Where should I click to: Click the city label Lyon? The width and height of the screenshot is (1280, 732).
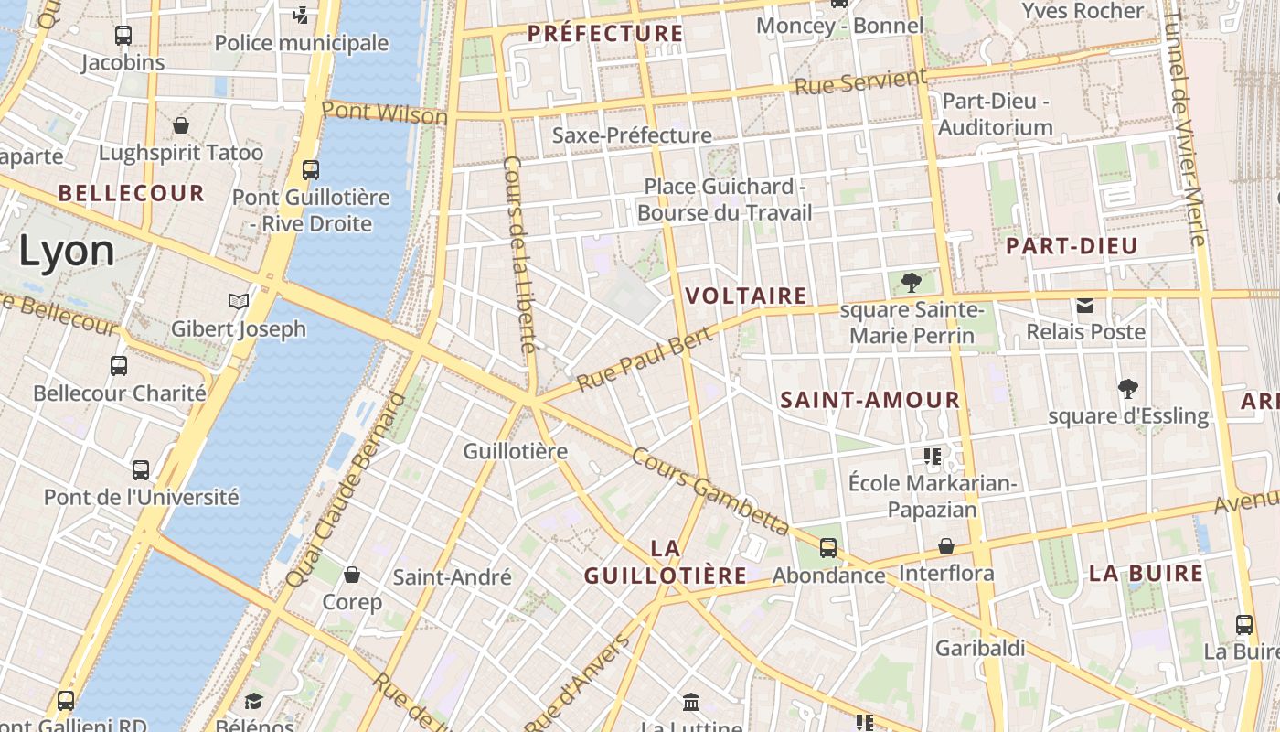point(67,251)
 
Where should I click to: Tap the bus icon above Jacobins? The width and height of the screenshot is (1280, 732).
point(123,36)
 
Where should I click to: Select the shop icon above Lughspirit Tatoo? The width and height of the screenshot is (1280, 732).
point(181,125)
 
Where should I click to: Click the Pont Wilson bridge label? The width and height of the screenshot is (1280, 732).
point(384,113)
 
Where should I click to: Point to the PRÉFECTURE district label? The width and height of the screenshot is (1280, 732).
point(605,34)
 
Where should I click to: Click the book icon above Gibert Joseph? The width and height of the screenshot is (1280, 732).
point(238,301)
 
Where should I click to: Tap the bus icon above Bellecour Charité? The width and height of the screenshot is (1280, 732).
point(119,366)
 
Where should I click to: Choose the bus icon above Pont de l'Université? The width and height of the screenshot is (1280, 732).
point(141,470)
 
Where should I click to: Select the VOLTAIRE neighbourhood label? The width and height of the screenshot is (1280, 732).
point(746,296)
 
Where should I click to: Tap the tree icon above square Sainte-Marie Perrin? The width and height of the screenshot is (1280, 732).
point(911,282)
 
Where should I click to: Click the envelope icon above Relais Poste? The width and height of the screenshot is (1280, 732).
point(1085,305)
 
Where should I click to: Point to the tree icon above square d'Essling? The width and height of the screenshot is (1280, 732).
point(1128,389)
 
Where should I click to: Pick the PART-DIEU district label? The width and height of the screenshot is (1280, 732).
point(1072,245)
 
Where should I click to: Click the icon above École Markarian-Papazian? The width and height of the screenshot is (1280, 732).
point(933,456)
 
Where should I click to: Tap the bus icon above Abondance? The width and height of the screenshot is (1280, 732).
point(828,548)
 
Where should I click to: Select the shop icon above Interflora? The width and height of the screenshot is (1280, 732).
point(946,546)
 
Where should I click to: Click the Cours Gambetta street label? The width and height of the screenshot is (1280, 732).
point(709,491)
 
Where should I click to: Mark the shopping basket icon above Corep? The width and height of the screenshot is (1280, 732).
point(352,575)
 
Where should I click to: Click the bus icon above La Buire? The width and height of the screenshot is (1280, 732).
point(1244,625)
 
